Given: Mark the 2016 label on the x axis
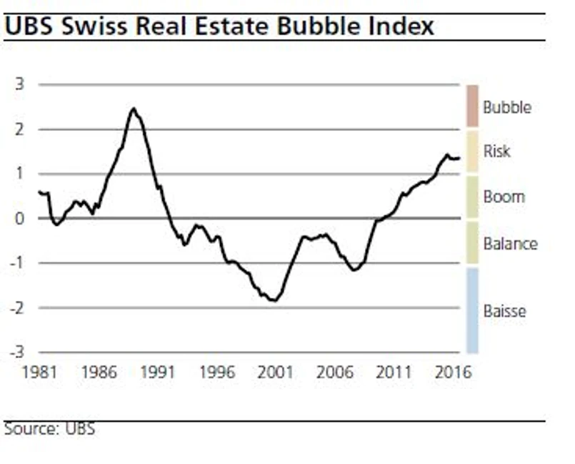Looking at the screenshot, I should point(453,372).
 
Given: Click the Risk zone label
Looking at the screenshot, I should point(497,152).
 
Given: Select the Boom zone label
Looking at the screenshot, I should point(504,197).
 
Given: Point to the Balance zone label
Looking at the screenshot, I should point(510,244).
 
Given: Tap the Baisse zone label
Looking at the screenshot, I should point(504,311).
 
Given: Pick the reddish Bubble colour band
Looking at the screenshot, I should point(472,106).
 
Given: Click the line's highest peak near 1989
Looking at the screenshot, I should point(133,109).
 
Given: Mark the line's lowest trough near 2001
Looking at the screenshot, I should point(274,300).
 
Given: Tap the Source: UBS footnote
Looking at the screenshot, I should point(49,429).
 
